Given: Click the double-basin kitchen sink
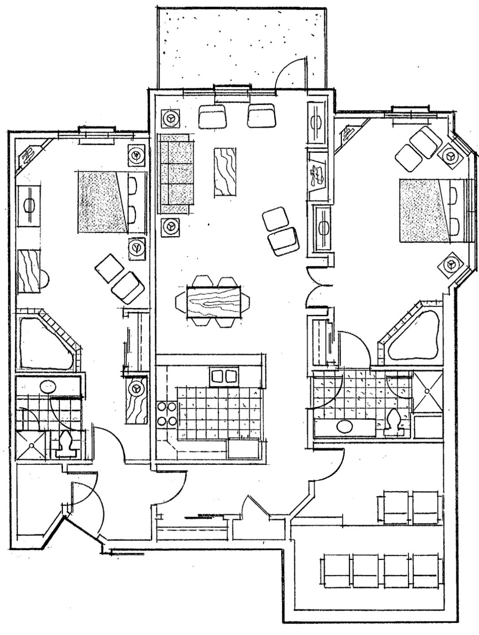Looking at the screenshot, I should coord(224,377).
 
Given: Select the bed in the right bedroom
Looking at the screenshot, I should coord(425,210).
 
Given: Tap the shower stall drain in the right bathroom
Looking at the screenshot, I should coord(427,391).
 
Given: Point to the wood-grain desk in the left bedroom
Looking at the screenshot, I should coord(29,271).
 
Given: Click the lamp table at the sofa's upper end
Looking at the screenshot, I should coord(170,119).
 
